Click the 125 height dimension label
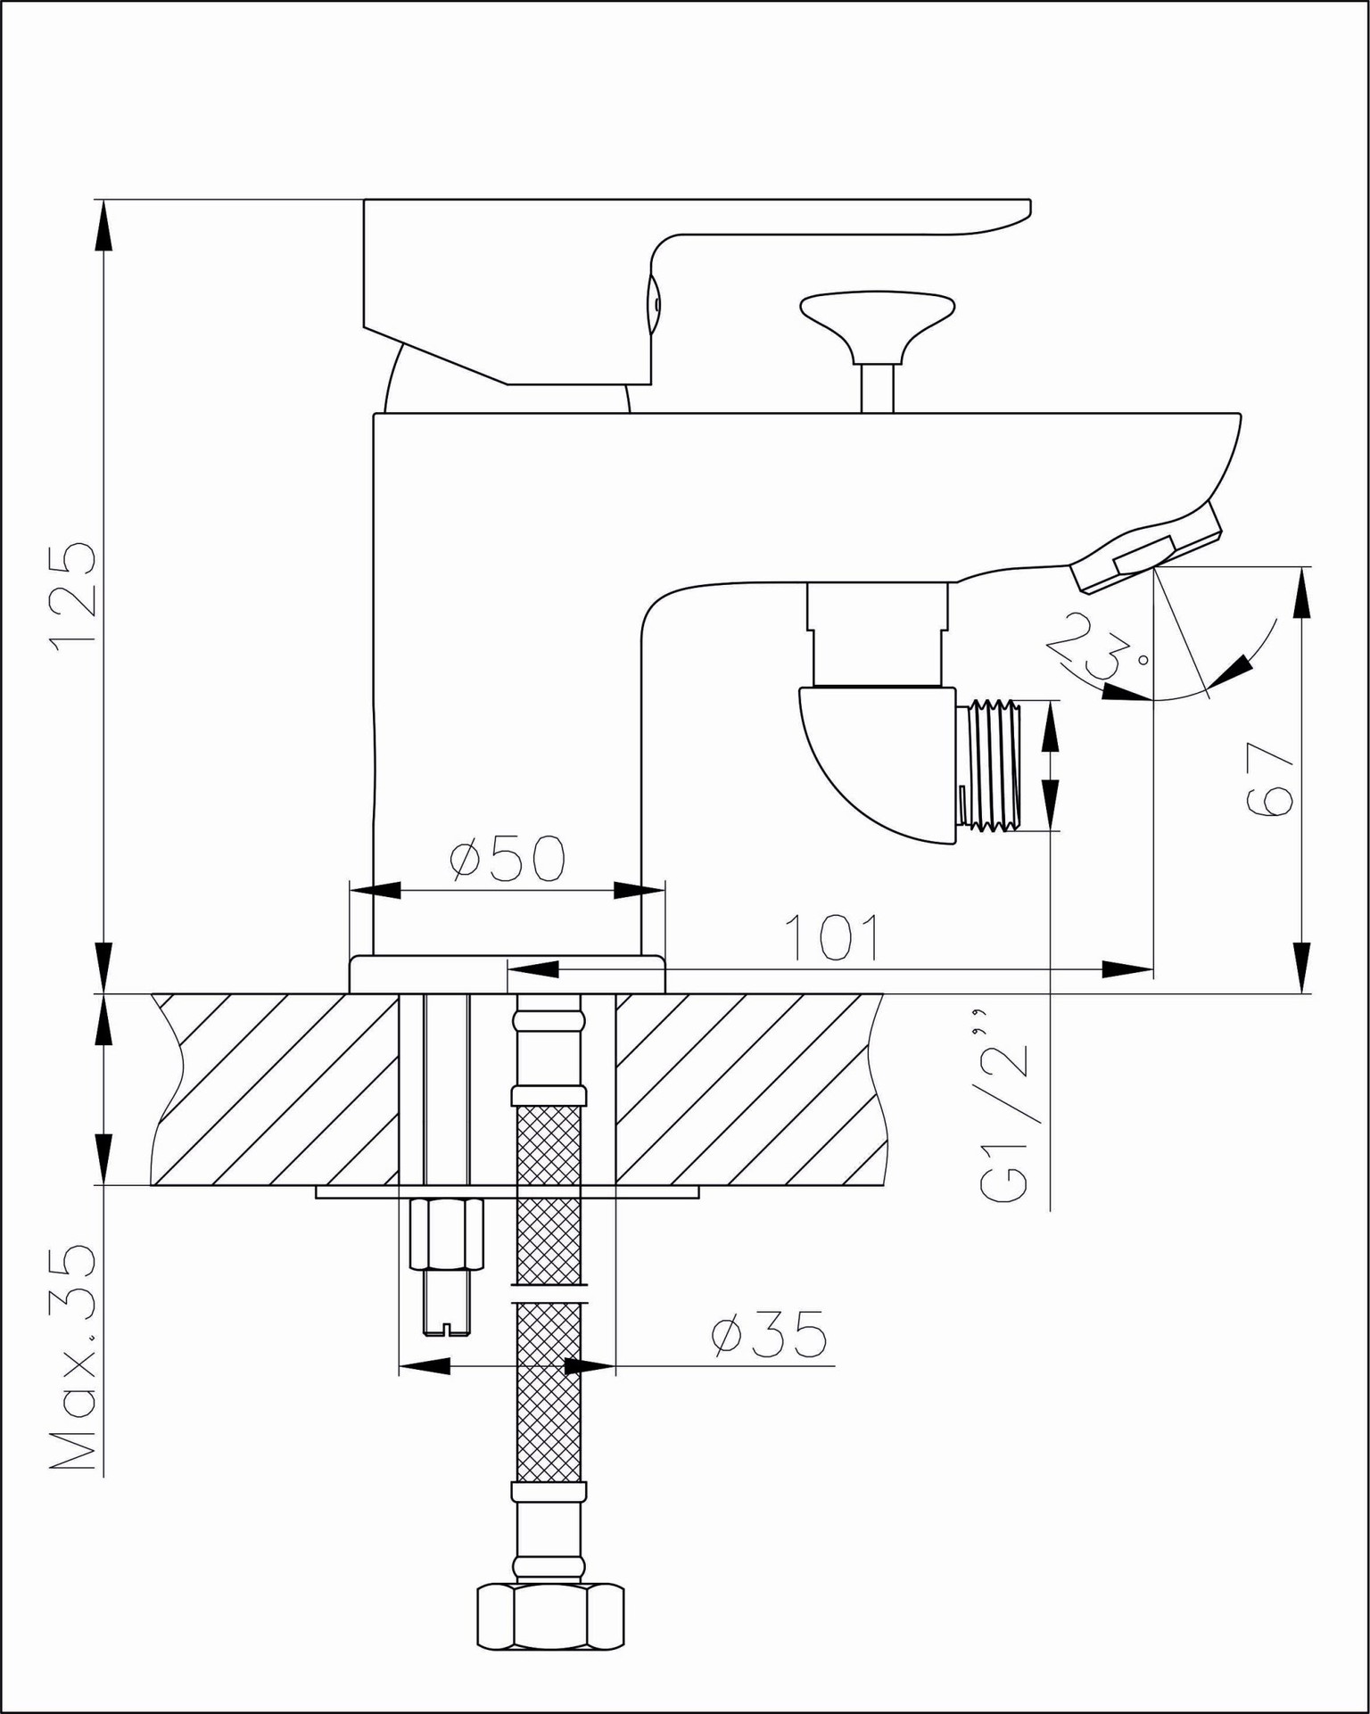click(x=73, y=597)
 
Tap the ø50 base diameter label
click(x=507, y=859)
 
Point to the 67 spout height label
click(x=1269, y=779)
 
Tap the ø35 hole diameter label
click(x=769, y=1335)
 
